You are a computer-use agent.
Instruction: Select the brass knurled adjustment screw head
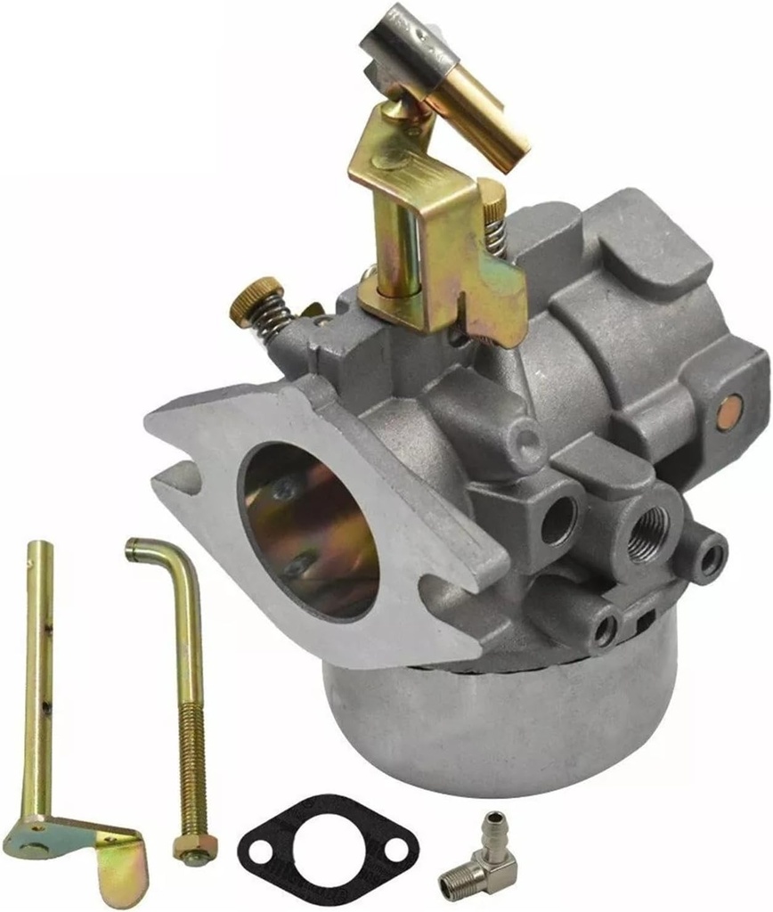[256, 297]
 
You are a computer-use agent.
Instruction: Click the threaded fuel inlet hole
[647, 533]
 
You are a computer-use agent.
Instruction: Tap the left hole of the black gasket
[262, 851]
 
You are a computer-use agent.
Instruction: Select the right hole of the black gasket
[397, 850]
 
